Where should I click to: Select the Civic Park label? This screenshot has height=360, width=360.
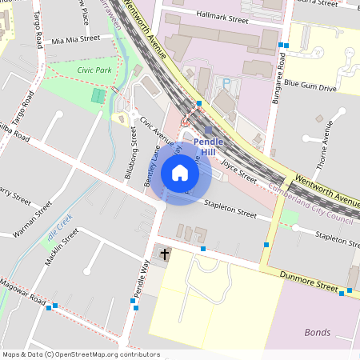94,70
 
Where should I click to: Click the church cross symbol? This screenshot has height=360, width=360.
166,254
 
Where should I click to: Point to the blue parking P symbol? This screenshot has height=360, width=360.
226,82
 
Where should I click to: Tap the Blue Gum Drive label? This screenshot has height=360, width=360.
310,84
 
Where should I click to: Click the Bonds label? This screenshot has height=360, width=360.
318,332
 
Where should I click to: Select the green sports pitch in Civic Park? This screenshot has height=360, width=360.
98,96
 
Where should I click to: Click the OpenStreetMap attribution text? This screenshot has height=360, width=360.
81,354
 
